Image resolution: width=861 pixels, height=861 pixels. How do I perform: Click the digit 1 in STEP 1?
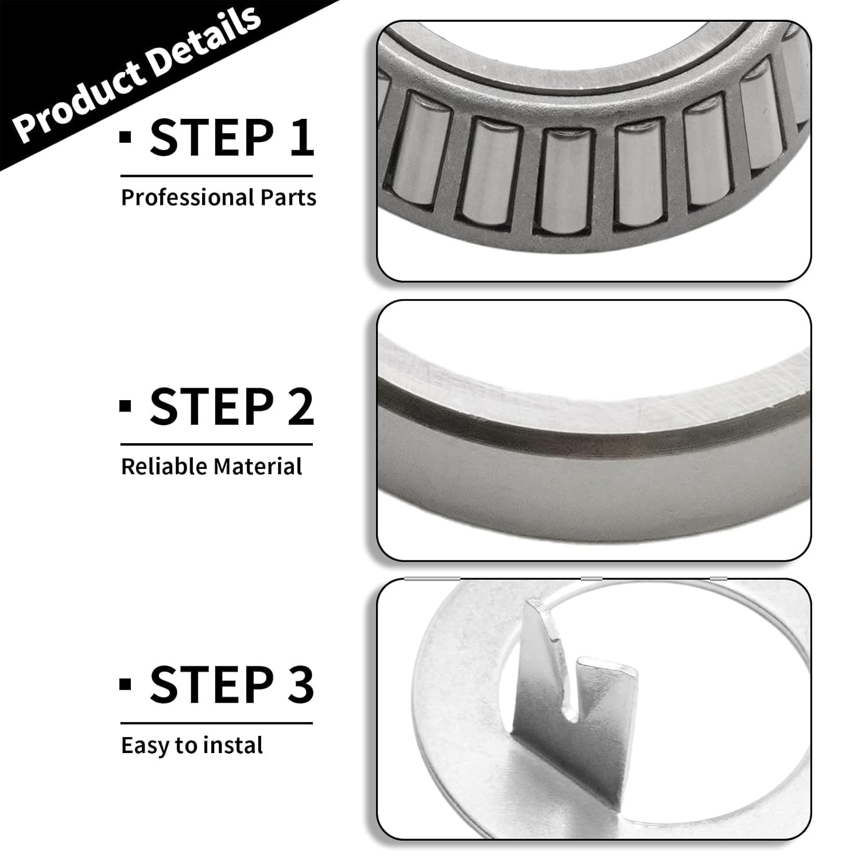(301, 138)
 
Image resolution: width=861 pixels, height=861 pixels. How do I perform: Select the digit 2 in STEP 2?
(300, 406)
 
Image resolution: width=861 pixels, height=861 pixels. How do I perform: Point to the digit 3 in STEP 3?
(300, 684)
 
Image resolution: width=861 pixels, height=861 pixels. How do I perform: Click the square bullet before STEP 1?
(125, 137)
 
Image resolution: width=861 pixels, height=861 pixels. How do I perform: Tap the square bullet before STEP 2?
(125, 405)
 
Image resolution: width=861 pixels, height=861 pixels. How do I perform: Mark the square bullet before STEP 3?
(125, 684)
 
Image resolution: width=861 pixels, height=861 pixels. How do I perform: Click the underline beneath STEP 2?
(216, 444)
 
